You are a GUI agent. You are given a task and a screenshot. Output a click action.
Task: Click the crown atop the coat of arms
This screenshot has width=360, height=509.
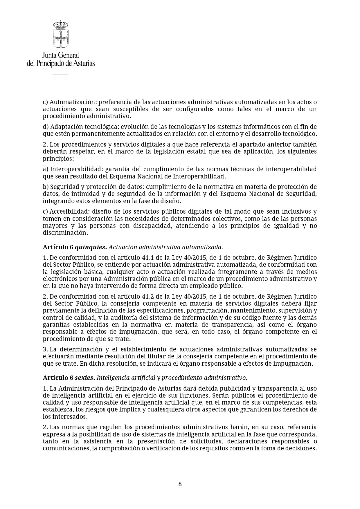click(61, 24)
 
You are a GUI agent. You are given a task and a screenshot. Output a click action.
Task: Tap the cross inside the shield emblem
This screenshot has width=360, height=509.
click(61, 37)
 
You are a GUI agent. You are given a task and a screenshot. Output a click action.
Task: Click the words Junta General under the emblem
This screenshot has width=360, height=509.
click(61, 55)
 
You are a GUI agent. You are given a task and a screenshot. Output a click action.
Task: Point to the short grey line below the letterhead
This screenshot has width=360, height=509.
click(60, 74)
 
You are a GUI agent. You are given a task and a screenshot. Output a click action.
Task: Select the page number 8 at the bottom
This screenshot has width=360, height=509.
click(180, 484)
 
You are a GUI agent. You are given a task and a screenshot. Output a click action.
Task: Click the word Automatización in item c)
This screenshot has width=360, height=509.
click(73, 102)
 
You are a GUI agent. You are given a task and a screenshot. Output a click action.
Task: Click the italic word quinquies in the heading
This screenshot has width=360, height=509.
click(90, 247)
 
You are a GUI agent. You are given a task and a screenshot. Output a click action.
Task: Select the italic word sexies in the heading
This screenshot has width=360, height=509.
click(84, 378)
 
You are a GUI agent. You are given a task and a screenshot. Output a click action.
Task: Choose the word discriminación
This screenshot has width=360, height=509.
click(65, 233)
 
